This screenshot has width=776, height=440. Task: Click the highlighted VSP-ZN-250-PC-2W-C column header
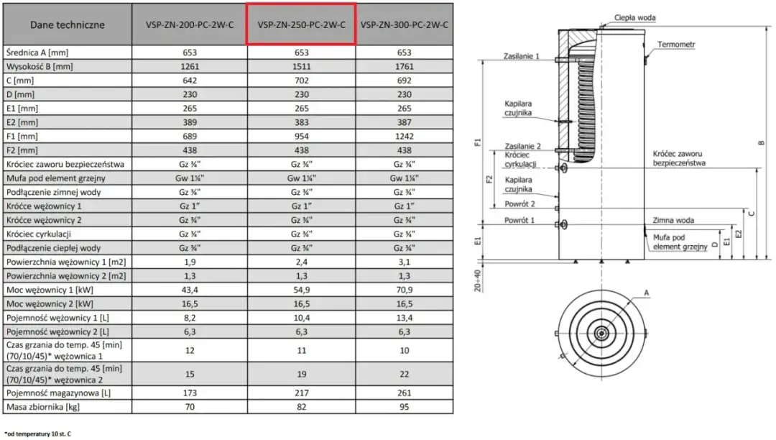(301, 24)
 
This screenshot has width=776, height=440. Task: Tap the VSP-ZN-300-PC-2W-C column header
(405, 24)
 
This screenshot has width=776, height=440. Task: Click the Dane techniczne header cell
(68, 24)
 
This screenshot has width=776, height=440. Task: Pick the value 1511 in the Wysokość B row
(301, 67)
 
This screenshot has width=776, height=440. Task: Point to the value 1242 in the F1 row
(405, 136)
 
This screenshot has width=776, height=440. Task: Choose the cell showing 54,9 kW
(301, 290)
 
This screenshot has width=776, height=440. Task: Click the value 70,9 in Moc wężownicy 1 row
(405, 290)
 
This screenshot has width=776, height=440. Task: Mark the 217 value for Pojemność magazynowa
(301, 394)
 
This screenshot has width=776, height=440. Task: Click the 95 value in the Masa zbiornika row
(405, 408)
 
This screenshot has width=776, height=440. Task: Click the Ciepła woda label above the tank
(635, 17)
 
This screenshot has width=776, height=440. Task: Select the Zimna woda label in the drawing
(673, 221)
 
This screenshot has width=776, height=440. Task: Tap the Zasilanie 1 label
(522, 56)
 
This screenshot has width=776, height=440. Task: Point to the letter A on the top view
(647, 293)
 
